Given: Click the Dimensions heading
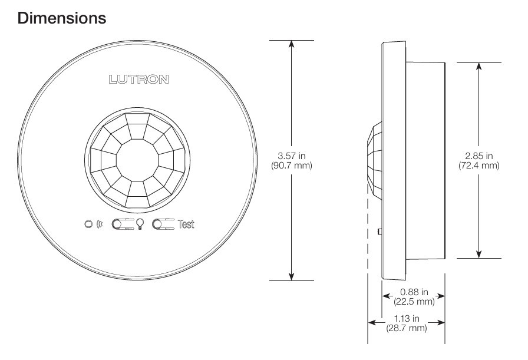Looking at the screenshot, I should pyautogui.click(x=62, y=18).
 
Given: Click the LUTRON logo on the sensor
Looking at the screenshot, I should pyautogui.click(x=138, y=80).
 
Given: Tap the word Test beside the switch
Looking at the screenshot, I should pyautogui.click(x=186, y=224).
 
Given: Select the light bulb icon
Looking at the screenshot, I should pyautogui.click(x=141, y=224).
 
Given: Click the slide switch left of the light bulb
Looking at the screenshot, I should pyautogui.click(x=123, y=224).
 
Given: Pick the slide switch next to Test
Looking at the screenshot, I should pyautogui.click(x=164, y=224).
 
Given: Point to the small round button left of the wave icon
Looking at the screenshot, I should pyautogui.click(x=88, y=224).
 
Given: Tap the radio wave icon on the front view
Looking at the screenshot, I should pyautogui.click(x=99, y=224).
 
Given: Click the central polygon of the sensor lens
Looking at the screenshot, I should pyautogui.click(x=137, y=160).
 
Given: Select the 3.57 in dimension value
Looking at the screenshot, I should pyautogui.click(x=291, y=156).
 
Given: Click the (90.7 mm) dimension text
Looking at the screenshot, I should pyautogui.click(x=291, y=166).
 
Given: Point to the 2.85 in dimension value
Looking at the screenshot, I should pyautogui.click(x=478, y=156).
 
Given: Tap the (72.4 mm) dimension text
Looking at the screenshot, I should pyautogui.click(x=478, y=166).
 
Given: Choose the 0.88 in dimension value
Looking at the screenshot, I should pyautogui.click(x=413, y=293).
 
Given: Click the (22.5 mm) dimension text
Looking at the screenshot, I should pyautogui.click(x=413, y=302).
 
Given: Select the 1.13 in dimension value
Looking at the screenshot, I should pyautogui.click(x=406, y=319).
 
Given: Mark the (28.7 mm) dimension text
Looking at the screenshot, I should pyautogui.click(x=406, y=328).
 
